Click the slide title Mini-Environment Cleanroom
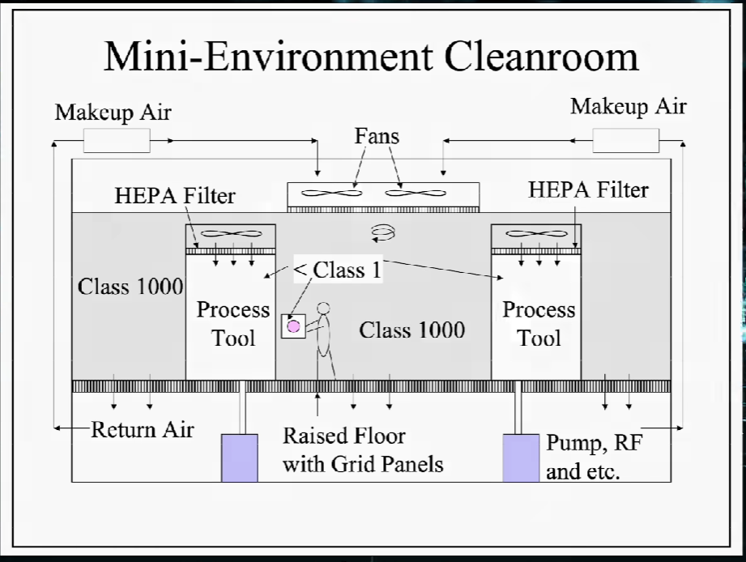(x=372, y=57)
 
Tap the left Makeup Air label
(x=113, y=112)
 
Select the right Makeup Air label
(x=628, y=106)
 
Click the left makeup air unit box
(x=117, y=142)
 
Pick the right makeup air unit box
(x=625, y=141)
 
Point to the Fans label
(x=377, y=136)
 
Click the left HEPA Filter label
(x=175, y=195)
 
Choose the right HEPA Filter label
(x=588, y=189)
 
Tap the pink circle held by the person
(x=293, y=326)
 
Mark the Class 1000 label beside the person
(x=411, y=330)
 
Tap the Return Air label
(x=142, y=429)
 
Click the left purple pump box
(x=240, y=458)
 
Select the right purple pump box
(x=521, y=458)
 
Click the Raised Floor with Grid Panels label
(x=362, y=449)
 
